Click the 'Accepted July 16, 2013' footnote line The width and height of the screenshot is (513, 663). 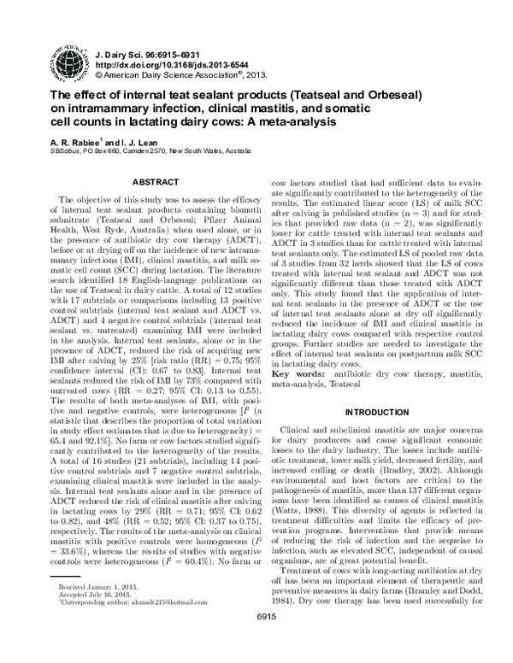[x=95, y=620]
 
